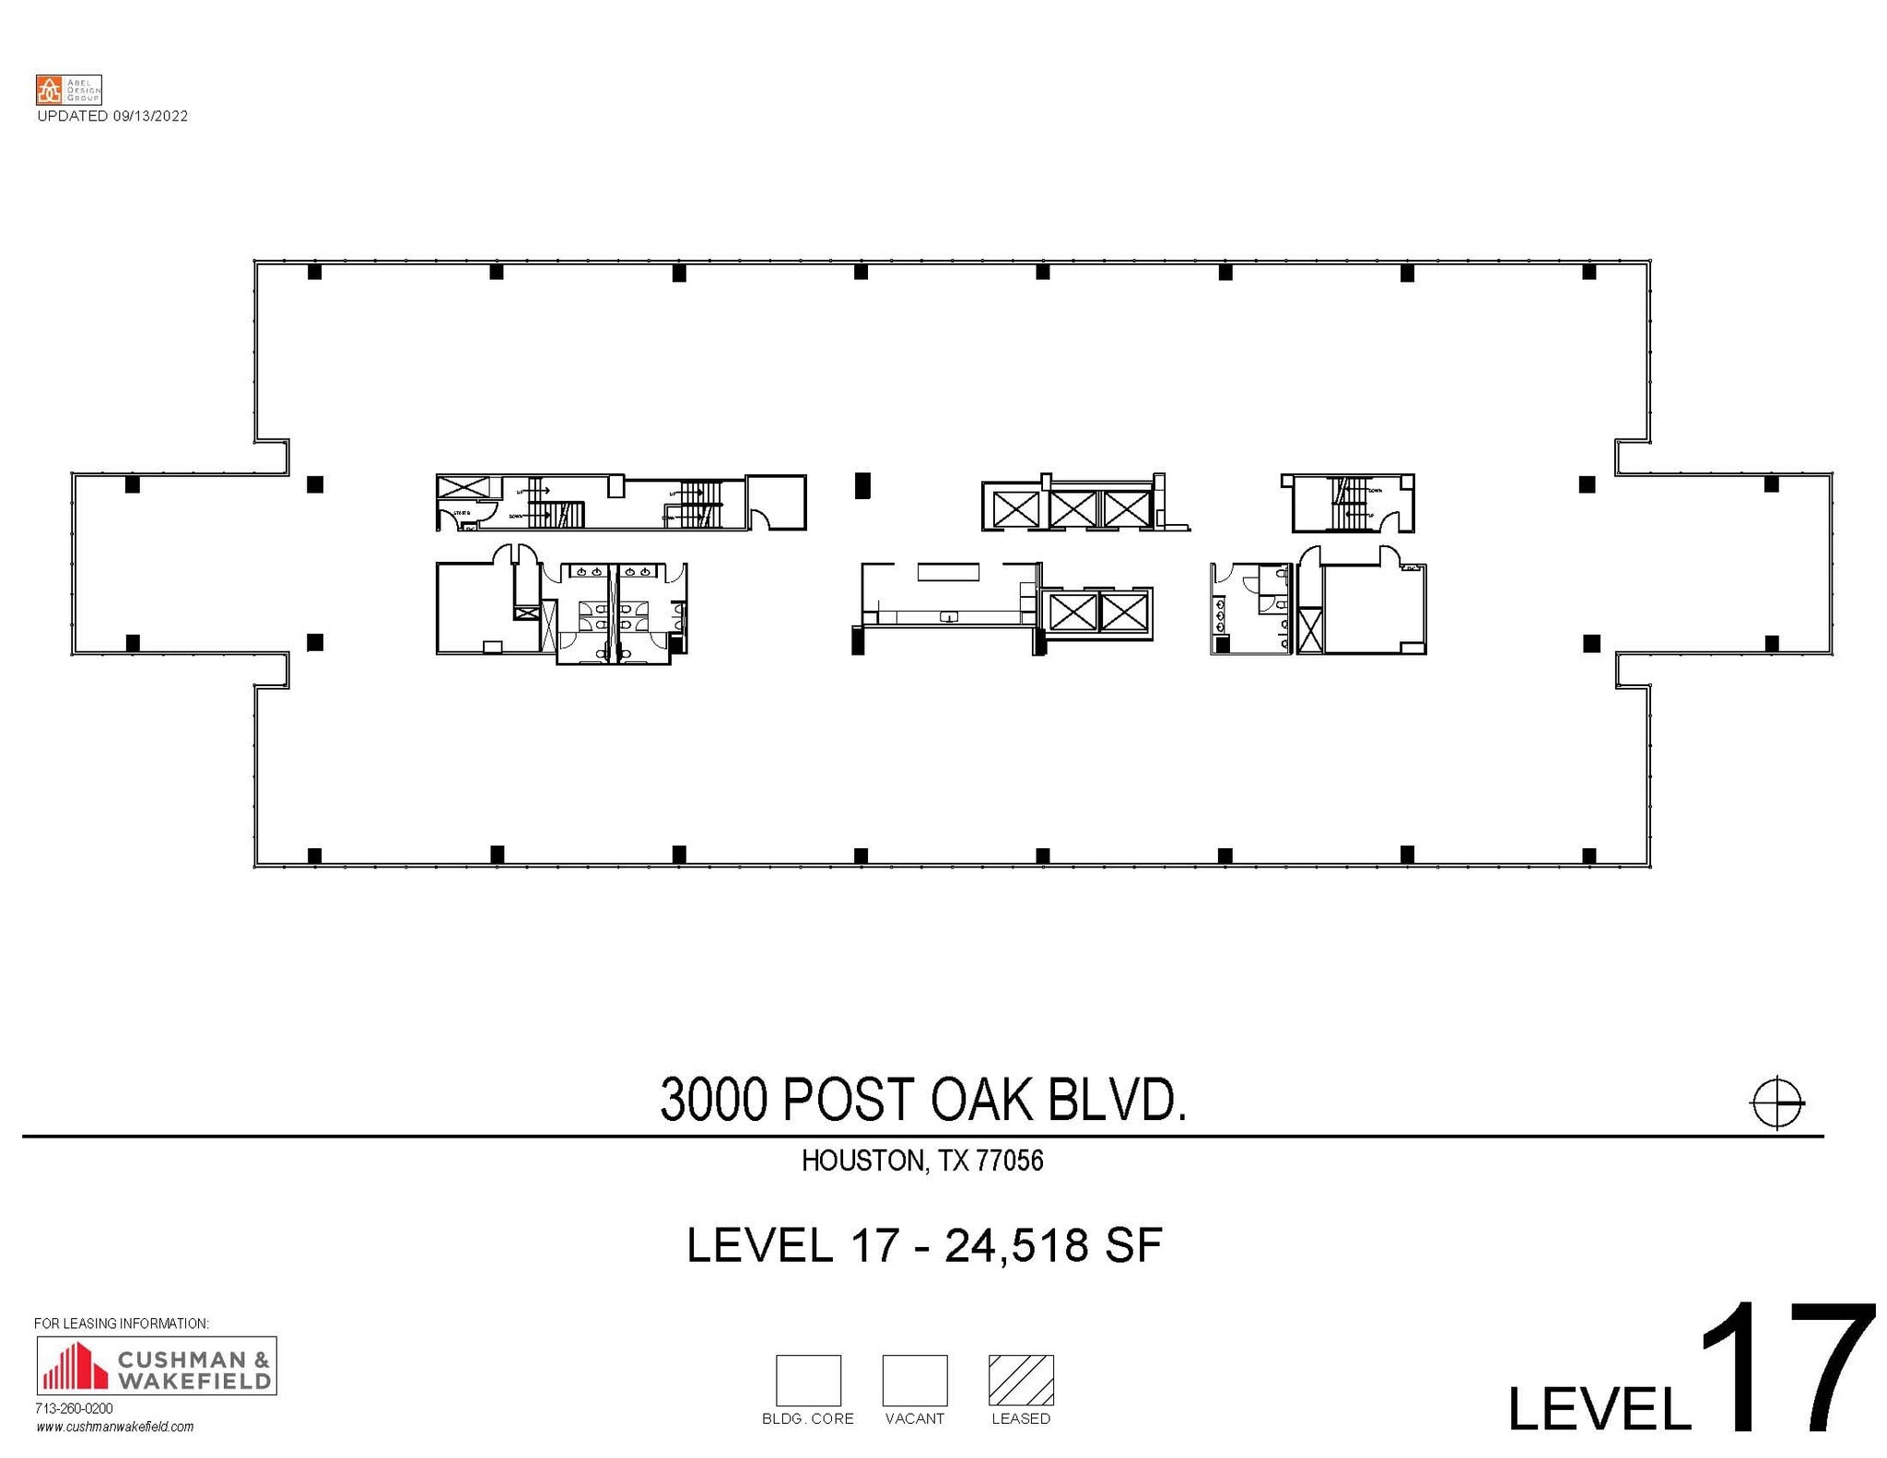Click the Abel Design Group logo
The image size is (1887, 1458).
tap(68, 89)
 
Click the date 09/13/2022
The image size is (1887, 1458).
tap(150, 116)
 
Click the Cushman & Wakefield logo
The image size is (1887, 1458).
tap(157, 1365)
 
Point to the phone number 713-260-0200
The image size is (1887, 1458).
tap(74, 1408)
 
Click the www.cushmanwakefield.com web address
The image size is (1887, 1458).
tap(115, 1427)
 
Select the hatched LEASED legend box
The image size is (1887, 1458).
tap(1021, 1379)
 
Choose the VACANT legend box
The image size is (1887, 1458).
tap(914, 1379)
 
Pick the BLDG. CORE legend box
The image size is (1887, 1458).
tap(808, 1379)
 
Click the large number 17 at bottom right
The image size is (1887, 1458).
tap(1786, 1370)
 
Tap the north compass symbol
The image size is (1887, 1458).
tap(1776, 1102)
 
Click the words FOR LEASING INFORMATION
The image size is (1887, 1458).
tap(122, 1324)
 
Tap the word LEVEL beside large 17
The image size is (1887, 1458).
tap(1600, 1408)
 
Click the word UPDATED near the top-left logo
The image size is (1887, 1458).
tap(72, 116)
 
